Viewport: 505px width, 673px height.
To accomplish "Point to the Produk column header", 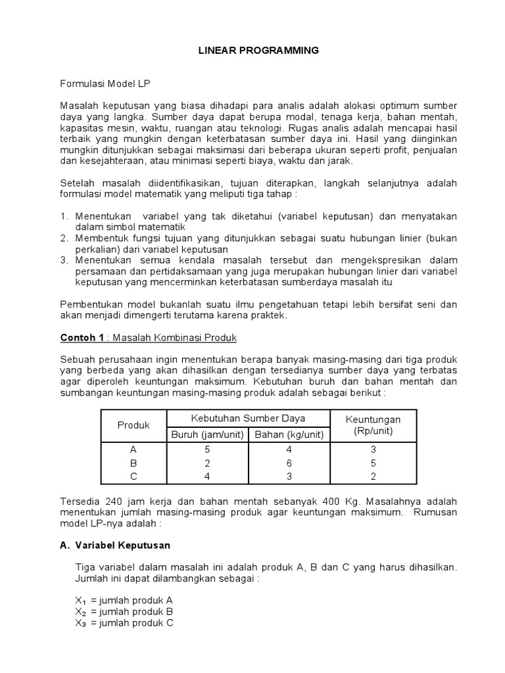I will click(133, 425).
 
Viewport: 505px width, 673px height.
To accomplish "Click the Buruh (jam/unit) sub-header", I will click(207, 434).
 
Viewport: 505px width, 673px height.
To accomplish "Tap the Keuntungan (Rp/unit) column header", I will click(372, 425).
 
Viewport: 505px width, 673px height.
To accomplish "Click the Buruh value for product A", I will click(207, 451).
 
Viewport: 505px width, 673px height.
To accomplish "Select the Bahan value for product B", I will click(287, 463).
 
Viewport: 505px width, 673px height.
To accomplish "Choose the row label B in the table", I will click(133, 463).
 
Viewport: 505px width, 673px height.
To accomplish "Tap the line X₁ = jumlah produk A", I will click(124, 600).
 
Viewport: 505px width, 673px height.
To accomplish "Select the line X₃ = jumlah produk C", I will click(124, 624).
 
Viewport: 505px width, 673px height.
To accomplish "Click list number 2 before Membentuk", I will click(64, 239).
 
